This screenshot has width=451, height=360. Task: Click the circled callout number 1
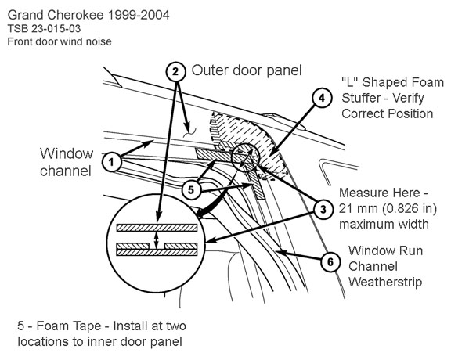[x=112, y=162]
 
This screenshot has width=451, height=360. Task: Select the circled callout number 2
[x=175, y=71]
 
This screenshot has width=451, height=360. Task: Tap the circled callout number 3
[x=323, y=209]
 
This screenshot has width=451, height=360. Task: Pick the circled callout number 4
[x=322, y=98]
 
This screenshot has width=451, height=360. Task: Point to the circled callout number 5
[x=191, y=190]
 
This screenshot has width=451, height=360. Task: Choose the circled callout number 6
[x=330, y=262]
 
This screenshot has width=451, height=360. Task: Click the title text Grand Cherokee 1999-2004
[x=88, y=15]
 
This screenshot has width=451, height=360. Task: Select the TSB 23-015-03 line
[x=44, y=29]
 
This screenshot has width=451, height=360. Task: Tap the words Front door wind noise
[x=60, y=41]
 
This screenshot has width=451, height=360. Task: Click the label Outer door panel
[x=247, y=70]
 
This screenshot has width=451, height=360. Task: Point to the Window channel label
[x=67, y=162]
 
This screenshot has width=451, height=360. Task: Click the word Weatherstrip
[x=385, y=282]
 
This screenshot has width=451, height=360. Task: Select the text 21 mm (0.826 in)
[x=388, y=208]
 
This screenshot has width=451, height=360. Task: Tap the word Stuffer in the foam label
[x=361, y=98]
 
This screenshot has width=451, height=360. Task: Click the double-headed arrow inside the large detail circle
[x=156, y=239]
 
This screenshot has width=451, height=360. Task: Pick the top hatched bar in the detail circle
[x=157, y=228]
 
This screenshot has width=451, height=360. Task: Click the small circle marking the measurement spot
[x=246, y=157]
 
